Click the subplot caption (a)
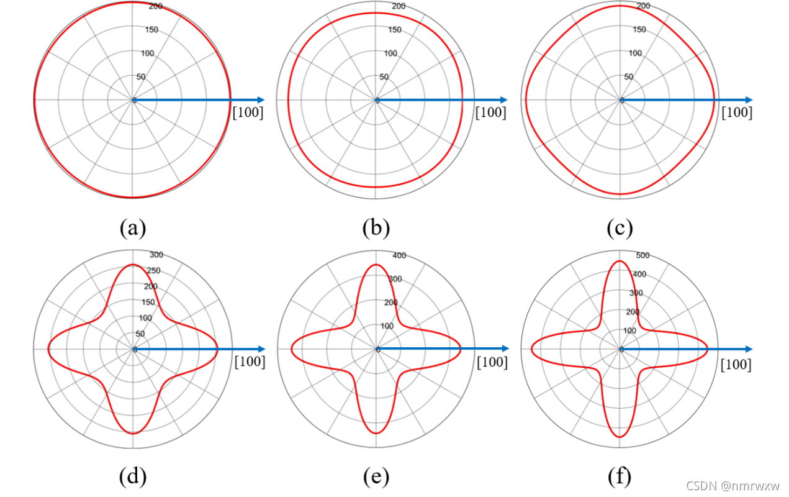(x=132, y=228)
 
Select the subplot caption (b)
(x=376, y=228)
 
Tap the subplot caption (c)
(x=620, y=228)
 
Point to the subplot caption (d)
(x=132, y=476)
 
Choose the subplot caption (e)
(x=376, y=476)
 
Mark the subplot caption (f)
(x=620, y=476)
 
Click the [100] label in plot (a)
(x=248, y=113)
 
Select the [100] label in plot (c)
(x=737, y=112)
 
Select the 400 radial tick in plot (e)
(x=399, y=255)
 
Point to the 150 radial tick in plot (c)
(x=639, y=30)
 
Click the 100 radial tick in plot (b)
(x=390, y=53)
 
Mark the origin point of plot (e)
(x=377, y=350)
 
